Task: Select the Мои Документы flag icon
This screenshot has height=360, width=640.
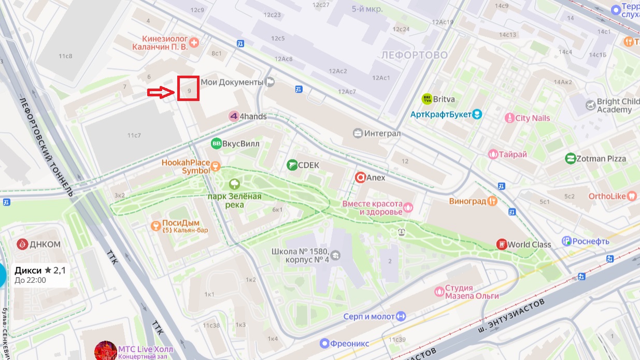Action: pyautogui.click(x=270, y=82)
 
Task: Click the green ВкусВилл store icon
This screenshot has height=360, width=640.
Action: pyautogui.click(x=216, y=143)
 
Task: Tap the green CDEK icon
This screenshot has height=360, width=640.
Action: pyautogui.click(x=292, y=165)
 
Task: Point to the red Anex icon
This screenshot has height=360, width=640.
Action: pyautogui.click(x=360, y=178)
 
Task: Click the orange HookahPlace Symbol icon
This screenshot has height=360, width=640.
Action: pyautogui.click(x=216, y=166)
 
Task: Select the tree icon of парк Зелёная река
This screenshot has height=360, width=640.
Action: pyautogui.click(x=234, y=184)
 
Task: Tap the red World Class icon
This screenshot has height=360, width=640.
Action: pyautogui.click(x=501, y=244)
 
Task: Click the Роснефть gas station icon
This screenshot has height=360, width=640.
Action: pyautogui.click(x=567, y=241)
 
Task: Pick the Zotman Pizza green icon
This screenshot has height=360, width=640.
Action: pyautogui.click(x=571, y=159)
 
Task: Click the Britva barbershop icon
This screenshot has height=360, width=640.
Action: pyautogui.click(x=427, y=98)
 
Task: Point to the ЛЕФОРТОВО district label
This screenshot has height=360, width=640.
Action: pyautogui.click(x=414, y=55)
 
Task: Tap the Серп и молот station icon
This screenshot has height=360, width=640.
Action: pyautogui.click(x=401, y=316)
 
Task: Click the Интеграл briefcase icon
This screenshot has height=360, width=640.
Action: pyautogui.click(x=358, y=134)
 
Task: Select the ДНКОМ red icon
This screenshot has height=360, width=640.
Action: pyautogui.click(x=22, y=244)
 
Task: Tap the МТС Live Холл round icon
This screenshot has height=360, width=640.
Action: pyautogui.click(x=105, y=351)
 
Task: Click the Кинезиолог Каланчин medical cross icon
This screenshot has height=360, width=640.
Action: pyautogui.click(x=194, y=42)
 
